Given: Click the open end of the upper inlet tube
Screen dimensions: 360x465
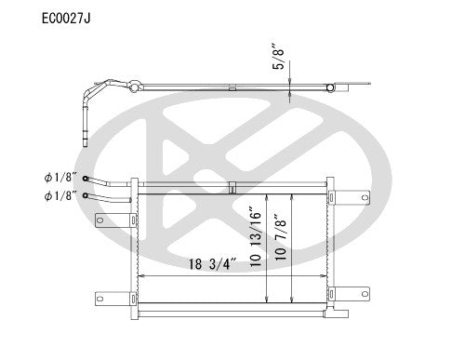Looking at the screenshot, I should click(86, 180).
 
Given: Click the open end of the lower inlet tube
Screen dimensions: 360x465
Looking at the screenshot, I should click(86, 195).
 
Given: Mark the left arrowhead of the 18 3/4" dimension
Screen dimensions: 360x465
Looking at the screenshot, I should click(140, 275).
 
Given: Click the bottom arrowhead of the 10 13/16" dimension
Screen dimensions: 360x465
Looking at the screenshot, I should click(267, 302).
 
